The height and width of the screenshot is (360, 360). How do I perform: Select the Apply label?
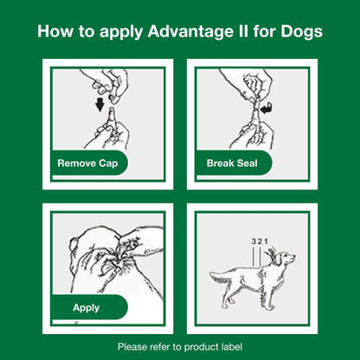coord(86,306)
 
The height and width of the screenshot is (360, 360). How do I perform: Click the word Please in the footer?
coord(133,346)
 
